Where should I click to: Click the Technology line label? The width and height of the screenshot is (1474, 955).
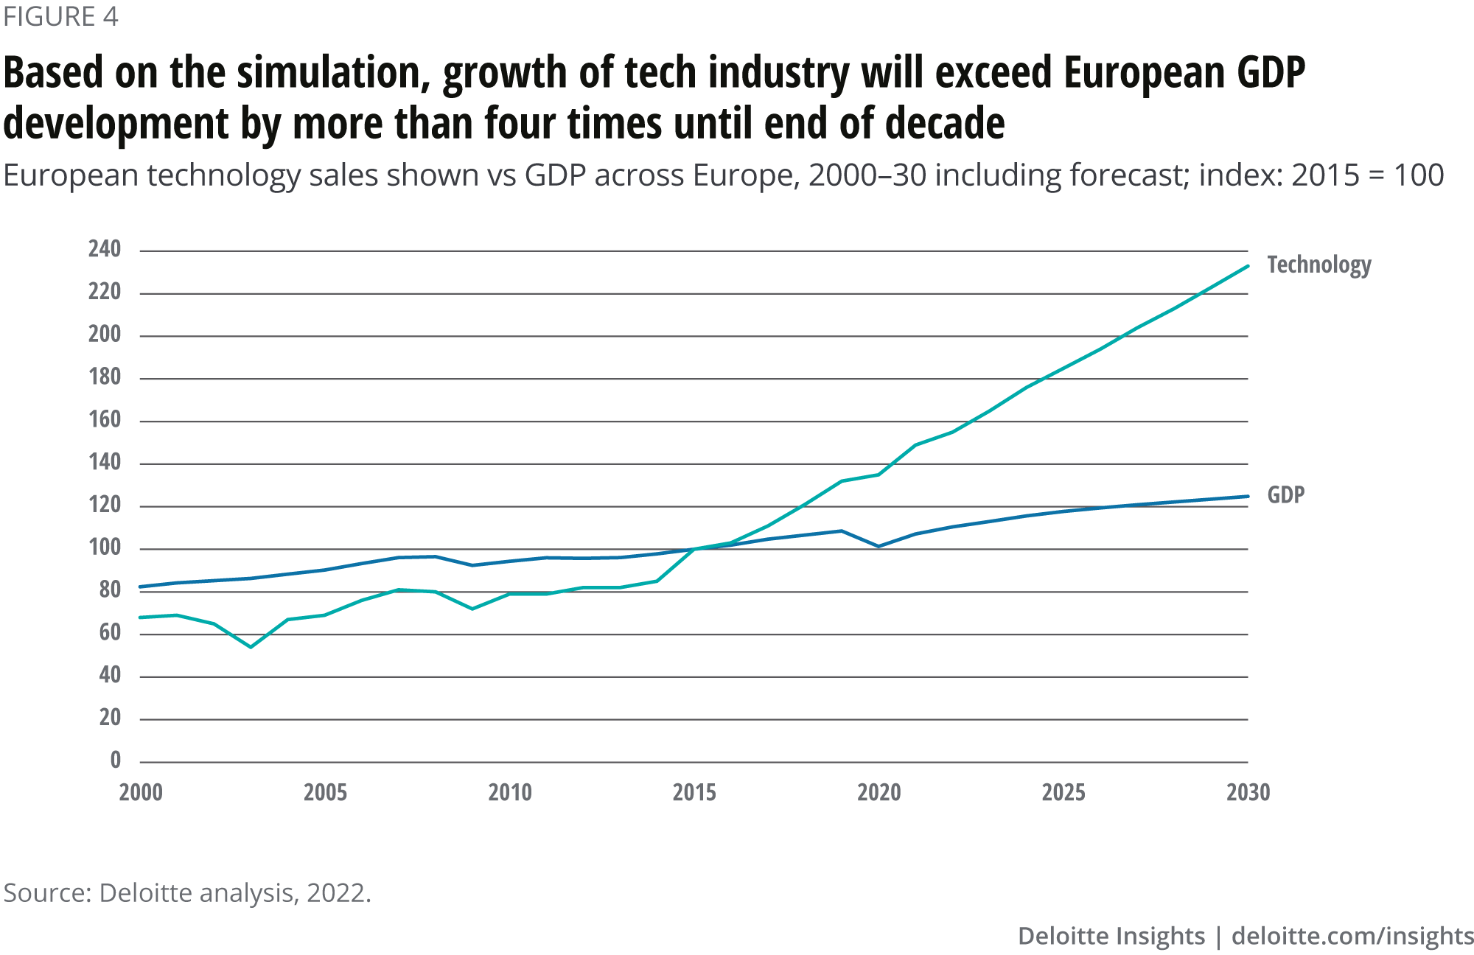tap(1318, 265)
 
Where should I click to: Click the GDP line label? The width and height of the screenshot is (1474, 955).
tap(1285, 494)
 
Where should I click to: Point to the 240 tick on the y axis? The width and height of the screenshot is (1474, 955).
tap(105, 250)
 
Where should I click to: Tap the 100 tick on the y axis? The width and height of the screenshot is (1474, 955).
tap(105, 548)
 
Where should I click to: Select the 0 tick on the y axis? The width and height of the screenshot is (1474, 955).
tap(116, 760)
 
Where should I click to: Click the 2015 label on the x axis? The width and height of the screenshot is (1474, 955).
tap(694, 793)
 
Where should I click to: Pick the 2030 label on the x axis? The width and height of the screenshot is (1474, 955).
tap(1248, 793)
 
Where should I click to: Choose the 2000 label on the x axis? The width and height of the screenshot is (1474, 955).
tap(141, 793)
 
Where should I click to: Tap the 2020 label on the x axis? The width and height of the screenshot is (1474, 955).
tap(879, 793)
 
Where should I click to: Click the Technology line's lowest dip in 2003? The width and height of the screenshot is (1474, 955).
tap(251, 647)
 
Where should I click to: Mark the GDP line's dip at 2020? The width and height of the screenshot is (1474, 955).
tap(879, 546)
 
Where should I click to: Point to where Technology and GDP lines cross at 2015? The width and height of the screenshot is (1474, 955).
tap(694, 549)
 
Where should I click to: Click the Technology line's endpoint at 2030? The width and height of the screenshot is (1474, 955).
tap(1248, 266)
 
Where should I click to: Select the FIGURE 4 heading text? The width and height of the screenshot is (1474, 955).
tap(60, 17)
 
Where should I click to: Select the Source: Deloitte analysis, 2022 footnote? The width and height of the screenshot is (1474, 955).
tap(187, 893)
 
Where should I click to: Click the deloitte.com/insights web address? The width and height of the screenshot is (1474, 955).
tap(1352, 936)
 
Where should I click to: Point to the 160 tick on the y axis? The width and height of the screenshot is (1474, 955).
tap(105, 420)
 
